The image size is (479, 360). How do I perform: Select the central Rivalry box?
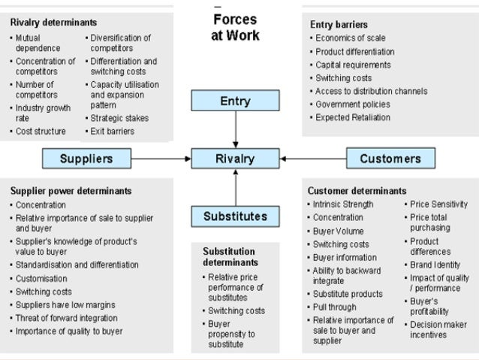235,159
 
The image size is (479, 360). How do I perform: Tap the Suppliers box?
86,159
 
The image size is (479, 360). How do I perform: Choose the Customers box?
390,159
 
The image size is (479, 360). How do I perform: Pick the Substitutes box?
235,216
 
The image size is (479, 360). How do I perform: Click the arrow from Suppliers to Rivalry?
161,159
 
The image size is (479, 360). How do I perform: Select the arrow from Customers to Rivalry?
312,159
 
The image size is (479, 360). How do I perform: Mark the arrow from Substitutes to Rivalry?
235,188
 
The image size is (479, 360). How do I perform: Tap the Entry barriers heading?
339,25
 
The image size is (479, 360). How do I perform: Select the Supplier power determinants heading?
71,191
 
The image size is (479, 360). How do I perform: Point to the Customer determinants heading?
357,191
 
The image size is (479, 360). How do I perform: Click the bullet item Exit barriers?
112,132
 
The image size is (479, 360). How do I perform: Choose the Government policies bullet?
353,104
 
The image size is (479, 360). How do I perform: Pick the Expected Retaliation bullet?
353,117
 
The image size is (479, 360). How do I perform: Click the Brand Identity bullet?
435,265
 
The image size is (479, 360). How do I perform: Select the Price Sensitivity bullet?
439,204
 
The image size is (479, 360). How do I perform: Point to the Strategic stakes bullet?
119,118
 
